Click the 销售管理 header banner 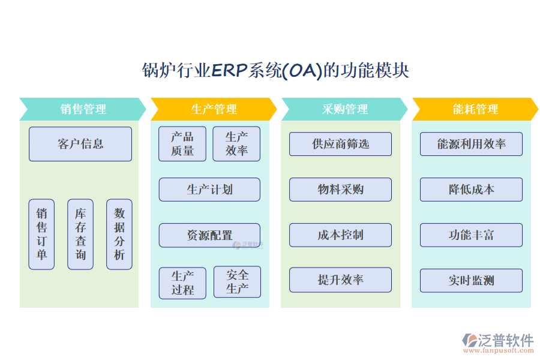tap(83, 109)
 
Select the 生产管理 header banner tap(214, 109)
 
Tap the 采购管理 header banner tap(344, 109)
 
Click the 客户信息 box tap(80, 144)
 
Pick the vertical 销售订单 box tap(41, 234)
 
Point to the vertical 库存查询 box tap(80, 234)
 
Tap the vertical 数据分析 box tap(119, 234)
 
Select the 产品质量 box tap(182, 144)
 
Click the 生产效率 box tap(236, 144)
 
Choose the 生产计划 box tap(209, 190)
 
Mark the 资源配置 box tap(209, 235)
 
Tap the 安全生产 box tap(237, 282)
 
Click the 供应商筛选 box tap(340, 144)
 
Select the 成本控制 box tap(340, 235)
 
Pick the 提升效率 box tap(340, 280)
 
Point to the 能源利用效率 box tap(471, 144)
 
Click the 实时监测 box tap(471, 281)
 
